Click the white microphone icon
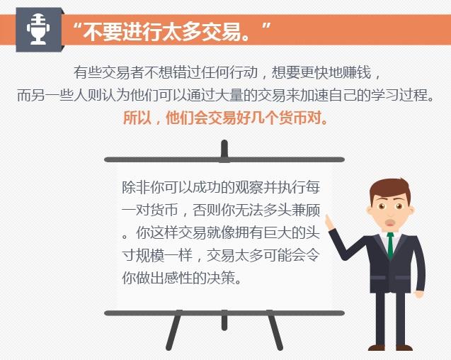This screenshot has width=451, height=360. [38, 29]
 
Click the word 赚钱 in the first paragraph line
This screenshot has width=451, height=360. [358, 72]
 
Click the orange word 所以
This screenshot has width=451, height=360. [137, 118]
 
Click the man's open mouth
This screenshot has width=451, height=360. [390, 223]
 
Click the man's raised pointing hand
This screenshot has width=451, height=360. [330, 223]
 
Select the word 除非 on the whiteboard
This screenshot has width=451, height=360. [136, 188]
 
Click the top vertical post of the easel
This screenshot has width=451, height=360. [224, 150]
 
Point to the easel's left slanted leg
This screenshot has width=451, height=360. [174, 330]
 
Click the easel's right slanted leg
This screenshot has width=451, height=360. [275, 330]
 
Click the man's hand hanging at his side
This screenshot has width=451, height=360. [419, 294]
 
